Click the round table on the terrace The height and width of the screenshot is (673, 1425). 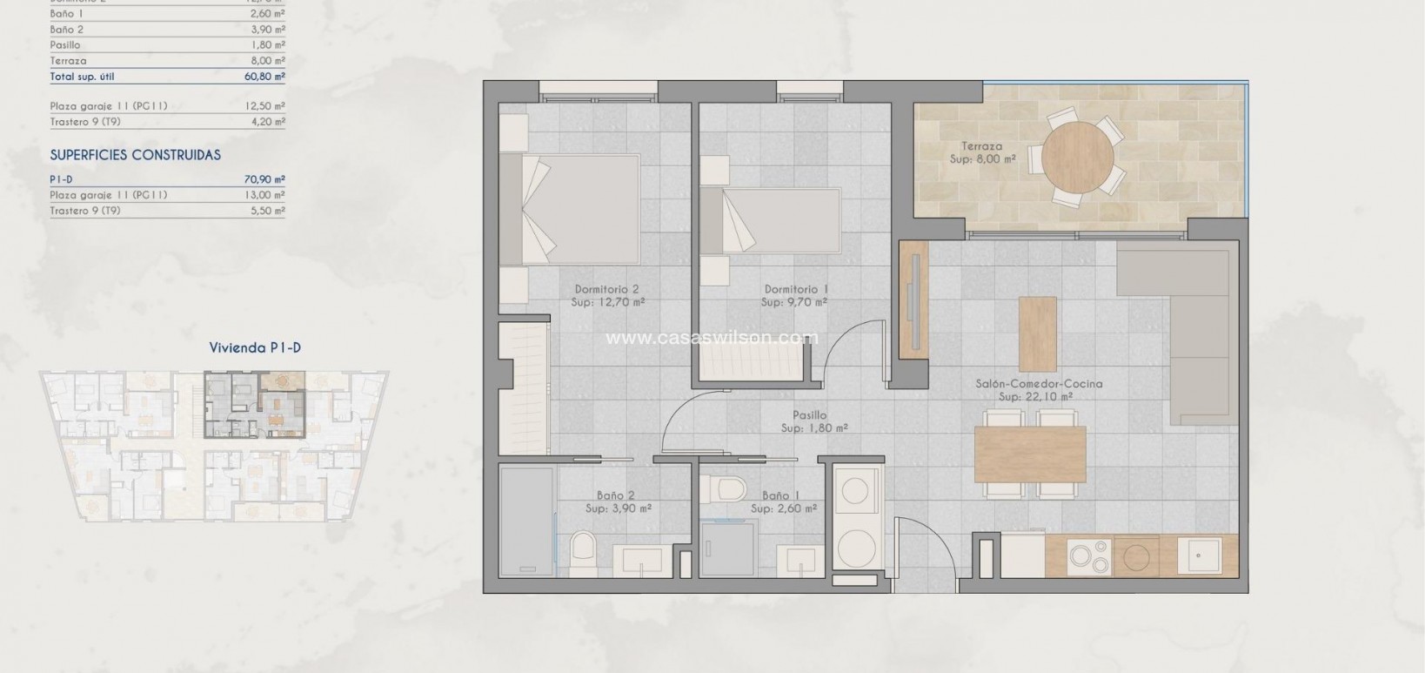pyautogui.click(x=1077, y=156)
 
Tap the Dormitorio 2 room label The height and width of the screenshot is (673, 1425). pyautogui.click(x=608, y=296)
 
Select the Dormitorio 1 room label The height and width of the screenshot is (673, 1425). pyautogui.click(x=796, y=296)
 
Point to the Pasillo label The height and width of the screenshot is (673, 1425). pyautogui.click(x=810, y=415)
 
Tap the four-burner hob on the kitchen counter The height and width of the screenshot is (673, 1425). pyautogui.click(x=1089, y=557)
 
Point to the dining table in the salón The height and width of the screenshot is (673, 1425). pyautogui.click(x=1030, y=454)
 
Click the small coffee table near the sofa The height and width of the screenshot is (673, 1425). pyautogui.click(x=1037, y=333)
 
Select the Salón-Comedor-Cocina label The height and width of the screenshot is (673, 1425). pyautogui.click(x=1038, y=384)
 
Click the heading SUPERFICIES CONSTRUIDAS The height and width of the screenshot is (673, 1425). pyautogui.click(x=135, y=155)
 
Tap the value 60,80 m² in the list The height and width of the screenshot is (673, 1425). pyautogui.click(x=264, y=77)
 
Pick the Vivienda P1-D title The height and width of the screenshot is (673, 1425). pyautogui.click(x=255, y=347)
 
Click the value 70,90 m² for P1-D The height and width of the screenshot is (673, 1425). pyautogui.click(x=264, y=179)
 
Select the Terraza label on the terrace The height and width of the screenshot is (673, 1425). pyautogui.click(x=981, y=146)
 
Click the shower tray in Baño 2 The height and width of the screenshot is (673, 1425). pyautogui.click(x=528, y=522)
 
